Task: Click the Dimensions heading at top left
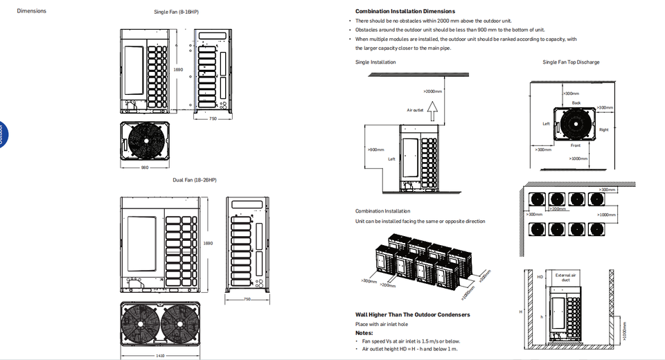31,11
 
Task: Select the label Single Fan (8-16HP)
177,12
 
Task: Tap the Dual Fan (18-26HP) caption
195,180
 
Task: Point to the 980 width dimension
145,167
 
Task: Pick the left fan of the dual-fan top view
141,327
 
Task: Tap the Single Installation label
375,62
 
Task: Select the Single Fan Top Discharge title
571,62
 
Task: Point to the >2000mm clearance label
432,91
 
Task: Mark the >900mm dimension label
375,150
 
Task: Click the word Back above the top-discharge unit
576,102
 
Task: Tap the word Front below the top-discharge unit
576,145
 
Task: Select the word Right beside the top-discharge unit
604,129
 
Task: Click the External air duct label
565,278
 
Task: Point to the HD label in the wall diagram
540,277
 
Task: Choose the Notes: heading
364,332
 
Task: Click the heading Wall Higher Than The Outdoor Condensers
412,314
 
